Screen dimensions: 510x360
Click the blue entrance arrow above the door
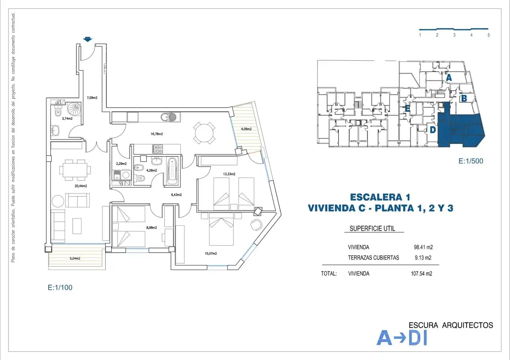pyautogui.click(x=88, y=39)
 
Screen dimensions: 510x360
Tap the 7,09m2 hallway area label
pyautogui.click(x=92, y=98)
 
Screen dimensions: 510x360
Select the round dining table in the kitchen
pyautogui.click(x=204, y=133)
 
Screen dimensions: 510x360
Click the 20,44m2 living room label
pyautogui.click(x=81, y=186)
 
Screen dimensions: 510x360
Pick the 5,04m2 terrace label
pyautogui.click(x=75, y=258)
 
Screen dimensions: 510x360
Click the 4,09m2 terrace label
pyautogui.click(x=246, y=129)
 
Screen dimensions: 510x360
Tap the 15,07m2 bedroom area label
pyautogui.click(x=211, y=253)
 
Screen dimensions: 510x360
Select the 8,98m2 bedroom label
pyautogui.click(x=151, y=228)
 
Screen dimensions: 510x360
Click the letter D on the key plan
pyautogui.click(x=433, y=130)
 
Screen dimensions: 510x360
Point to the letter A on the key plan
pyautogui.click(x=449, y=78)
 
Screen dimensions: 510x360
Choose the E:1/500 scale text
pyautogui.click(x=471, y=161)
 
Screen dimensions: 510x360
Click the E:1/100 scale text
pyautogui.click(x=60, y=287)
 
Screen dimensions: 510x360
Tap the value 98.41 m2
pyautogui.click(x=423, y=247)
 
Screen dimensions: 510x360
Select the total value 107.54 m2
pyautogui.click(x=421, y=273)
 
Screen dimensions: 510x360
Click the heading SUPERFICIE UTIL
pyautogui.click(x=372, y=228)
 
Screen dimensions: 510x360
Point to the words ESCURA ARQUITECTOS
pyautogui.click(x=451, y=325)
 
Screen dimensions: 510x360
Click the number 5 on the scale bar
pyautogui.click(x=489, y=35)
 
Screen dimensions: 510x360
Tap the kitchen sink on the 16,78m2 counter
pyautogui.click(x=168, y=117)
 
